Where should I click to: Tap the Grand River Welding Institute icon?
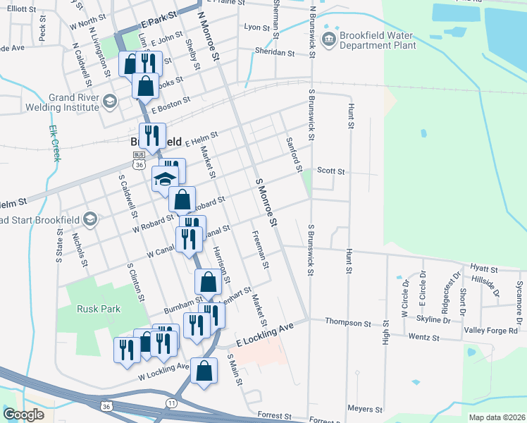pyautogui.click(x=109, y=102)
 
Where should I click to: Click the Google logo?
pyautogui.click(x=24, y=415)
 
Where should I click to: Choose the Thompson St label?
pyautogui.click(x=348, y=323)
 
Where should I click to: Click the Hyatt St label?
pyautogui.click(x=483, y=269)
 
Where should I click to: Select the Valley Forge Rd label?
pyautogui.click(x=495, y=327)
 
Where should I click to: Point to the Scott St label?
pyautogui.click(x=330, y=171)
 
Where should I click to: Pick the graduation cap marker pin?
pyautogui.click(x=166, y=180)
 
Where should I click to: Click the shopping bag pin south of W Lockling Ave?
pyautogui.click(x=204, y=371)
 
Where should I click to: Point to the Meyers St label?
pyautogui.click(x=364, y=409)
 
